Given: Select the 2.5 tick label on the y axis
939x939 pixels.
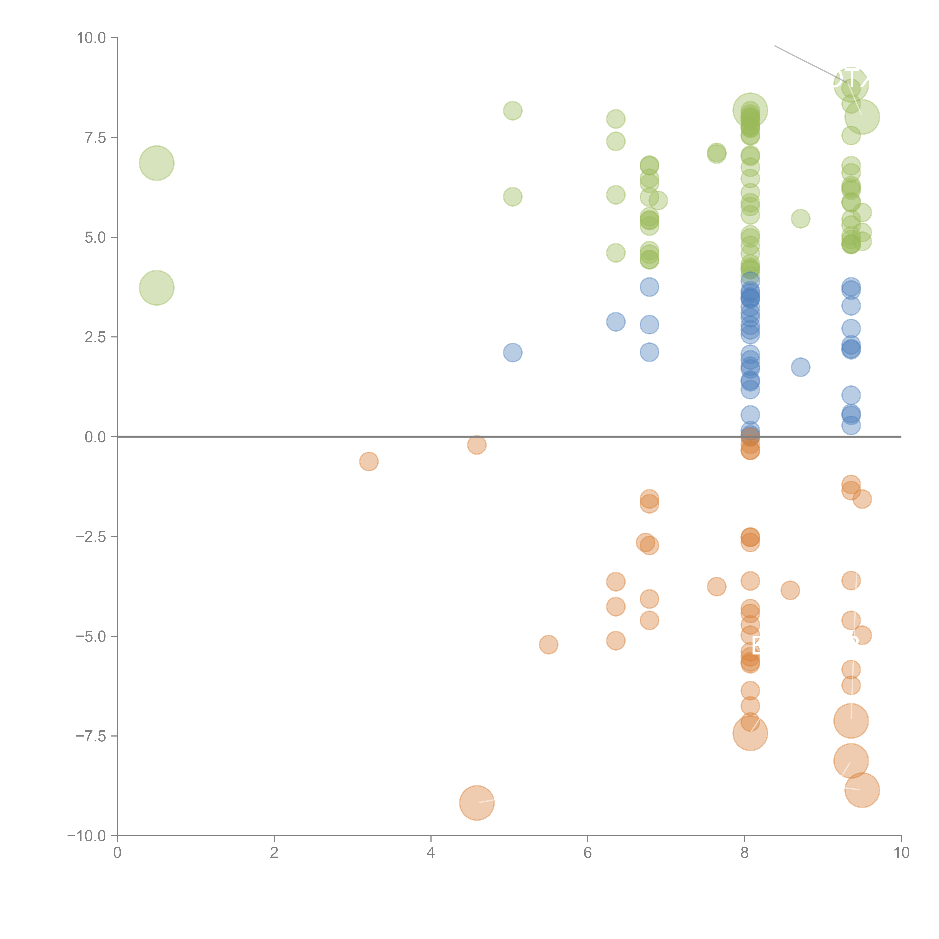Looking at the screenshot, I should point(95,337).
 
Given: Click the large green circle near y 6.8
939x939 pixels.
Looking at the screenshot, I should point(156,163).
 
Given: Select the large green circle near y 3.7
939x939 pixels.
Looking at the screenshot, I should point(156,288).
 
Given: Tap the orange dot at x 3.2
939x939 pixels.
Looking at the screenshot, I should point(369,461).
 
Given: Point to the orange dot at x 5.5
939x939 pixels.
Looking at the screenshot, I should point(548,645).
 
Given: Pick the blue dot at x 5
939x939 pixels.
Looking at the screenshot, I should point(512,352).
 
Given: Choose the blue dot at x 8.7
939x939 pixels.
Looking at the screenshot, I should point(800,367).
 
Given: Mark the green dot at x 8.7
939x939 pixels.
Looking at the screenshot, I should point(800,219).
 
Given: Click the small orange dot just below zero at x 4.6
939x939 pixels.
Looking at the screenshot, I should point(477,445).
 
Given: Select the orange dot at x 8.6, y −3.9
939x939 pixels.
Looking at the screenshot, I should point(790,590).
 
